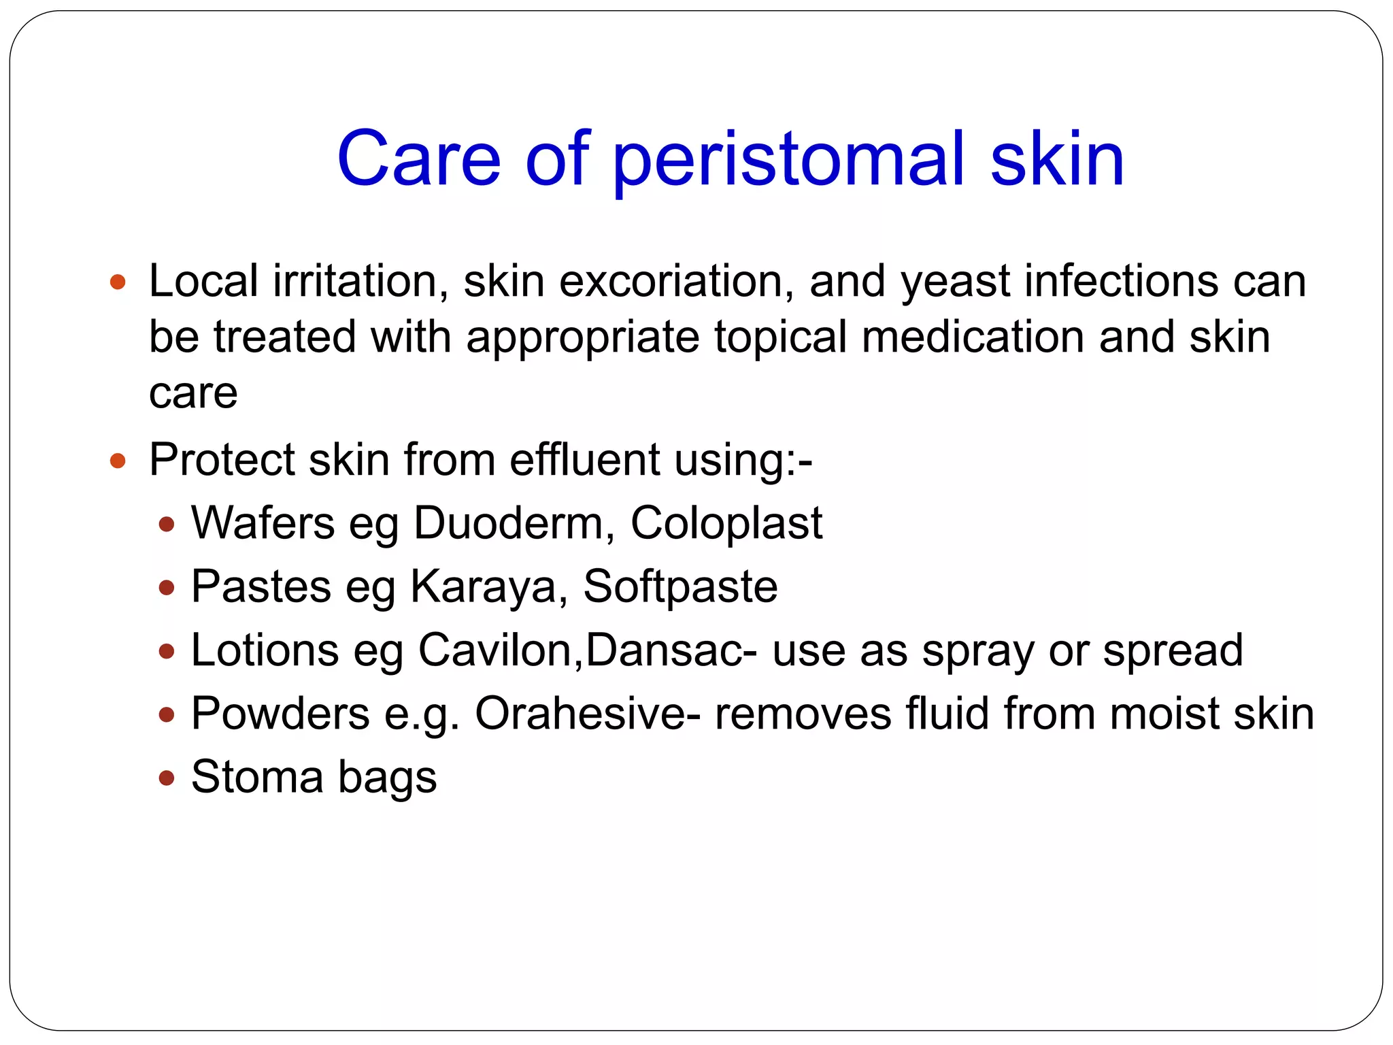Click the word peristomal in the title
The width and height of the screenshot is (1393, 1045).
789,161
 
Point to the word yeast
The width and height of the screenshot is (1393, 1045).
956,282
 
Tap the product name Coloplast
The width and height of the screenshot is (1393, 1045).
726,524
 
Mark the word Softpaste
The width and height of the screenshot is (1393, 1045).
680,586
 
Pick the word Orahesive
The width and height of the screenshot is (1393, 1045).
580,714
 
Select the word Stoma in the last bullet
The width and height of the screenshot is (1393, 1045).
257,777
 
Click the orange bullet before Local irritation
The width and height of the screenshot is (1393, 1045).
118,282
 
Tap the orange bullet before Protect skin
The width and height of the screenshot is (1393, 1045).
118,461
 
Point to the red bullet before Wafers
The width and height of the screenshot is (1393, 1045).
166,524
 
